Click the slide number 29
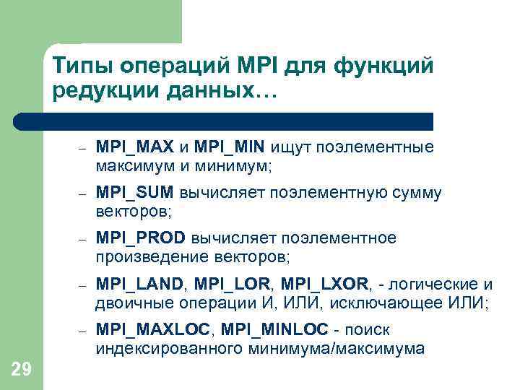click(22, 370)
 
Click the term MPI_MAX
click(135, 147)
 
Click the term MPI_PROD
click(140, 238)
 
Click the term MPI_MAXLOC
click(154, 330)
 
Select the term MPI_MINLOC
click(274, 330)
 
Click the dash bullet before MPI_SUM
click(83, 194)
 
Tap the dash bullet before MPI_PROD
click(83, 239)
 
